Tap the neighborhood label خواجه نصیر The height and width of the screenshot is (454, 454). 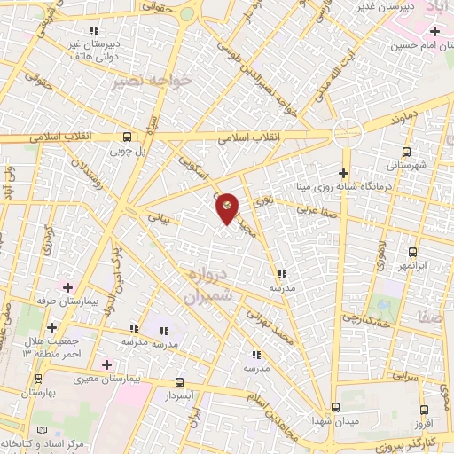point(153,81)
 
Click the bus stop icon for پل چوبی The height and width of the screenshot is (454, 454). point(127,137)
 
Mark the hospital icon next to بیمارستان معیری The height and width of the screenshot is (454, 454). point(106,364)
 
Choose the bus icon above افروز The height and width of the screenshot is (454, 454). point(424,409)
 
